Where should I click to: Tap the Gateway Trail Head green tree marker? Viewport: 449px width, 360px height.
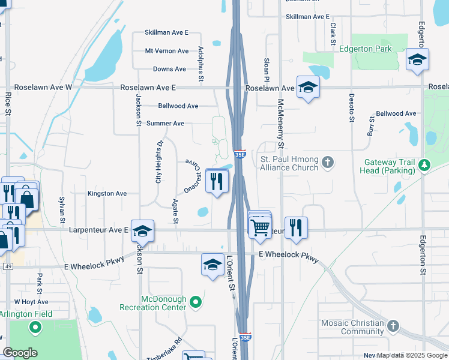pos(424,164)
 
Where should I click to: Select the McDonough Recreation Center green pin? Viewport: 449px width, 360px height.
pos(195,303)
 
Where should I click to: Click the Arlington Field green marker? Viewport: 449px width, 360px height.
pos(35,328)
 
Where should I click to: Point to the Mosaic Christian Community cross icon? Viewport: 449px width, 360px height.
pos(393,326)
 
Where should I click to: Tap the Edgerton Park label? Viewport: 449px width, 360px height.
pos(365,49)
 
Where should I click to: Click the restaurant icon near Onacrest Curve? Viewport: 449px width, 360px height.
pos(216,180)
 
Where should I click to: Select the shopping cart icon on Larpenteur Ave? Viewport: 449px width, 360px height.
pos(260,227)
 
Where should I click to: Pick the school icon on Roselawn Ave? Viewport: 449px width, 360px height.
pos(308,87)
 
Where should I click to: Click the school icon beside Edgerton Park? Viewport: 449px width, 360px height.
pos(417,59)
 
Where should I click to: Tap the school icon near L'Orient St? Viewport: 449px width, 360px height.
pos(212,264)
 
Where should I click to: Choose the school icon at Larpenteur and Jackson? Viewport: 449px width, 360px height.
pos(143,230)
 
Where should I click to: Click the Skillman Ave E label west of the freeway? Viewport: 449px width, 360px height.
pos(166,32)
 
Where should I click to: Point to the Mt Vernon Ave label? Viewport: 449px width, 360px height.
pos(166,51)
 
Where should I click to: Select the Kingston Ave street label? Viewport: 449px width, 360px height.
pos(107,194)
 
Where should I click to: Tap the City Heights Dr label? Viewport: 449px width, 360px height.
pos(159,162)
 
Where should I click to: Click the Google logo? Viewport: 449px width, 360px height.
pos(19,353)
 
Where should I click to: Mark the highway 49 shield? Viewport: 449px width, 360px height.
pos(7,266)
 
